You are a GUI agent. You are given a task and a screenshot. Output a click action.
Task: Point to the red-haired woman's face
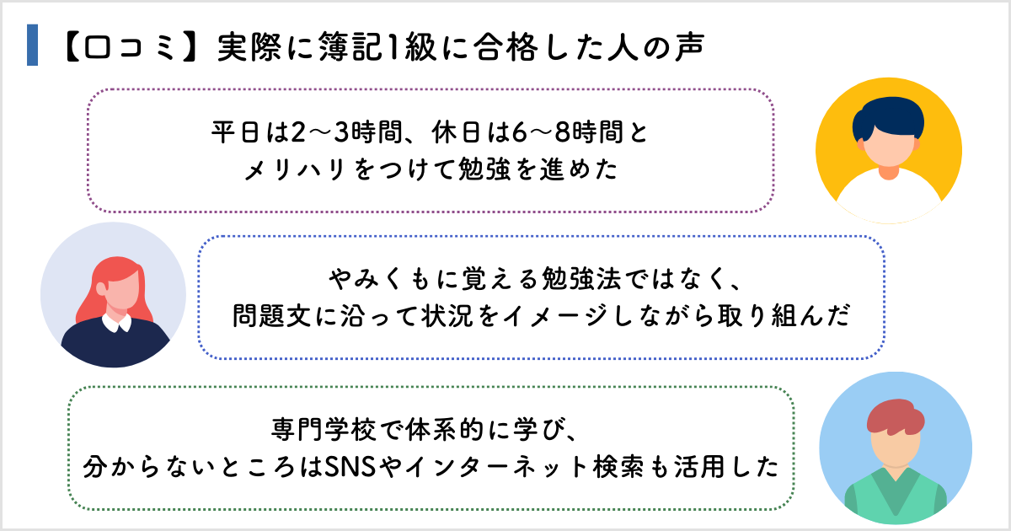113,292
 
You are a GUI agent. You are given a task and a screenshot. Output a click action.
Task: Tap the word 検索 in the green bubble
612,465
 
